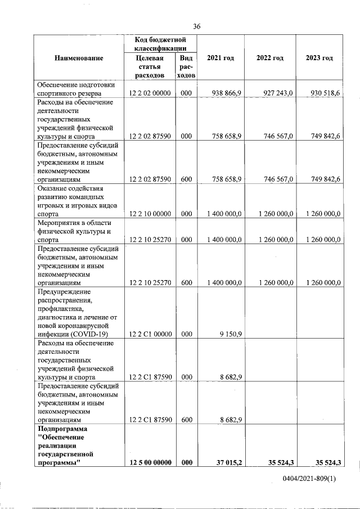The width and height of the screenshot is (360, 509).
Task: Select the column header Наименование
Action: click(x=79, y=58)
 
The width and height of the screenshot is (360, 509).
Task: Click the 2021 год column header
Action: click(x=220, y=58)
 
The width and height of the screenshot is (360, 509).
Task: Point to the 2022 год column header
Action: click(x=269, y=58)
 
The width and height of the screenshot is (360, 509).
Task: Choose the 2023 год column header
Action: click(x=319, y=58)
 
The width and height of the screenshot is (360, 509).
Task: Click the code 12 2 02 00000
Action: click(x=150, y=93)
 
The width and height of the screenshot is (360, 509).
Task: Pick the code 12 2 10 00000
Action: click(x=150, y=214)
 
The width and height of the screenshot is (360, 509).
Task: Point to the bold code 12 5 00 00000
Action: click(x=150, y=462)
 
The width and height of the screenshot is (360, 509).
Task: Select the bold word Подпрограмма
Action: click(x=62, y=429)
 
